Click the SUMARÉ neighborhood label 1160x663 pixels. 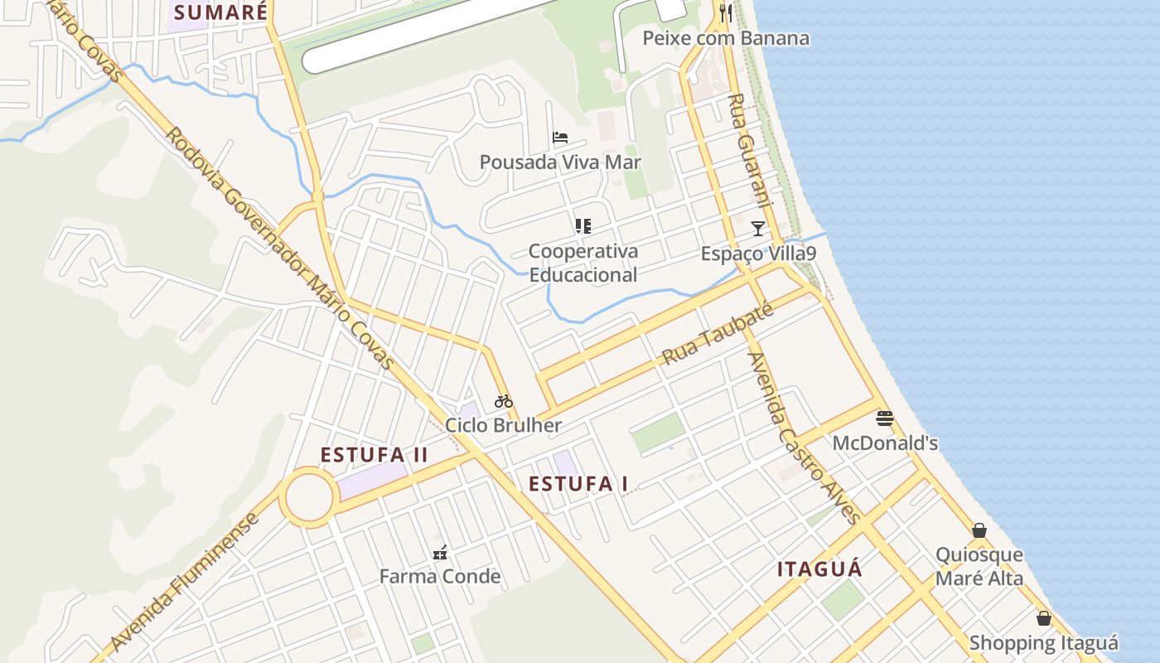[x=221, y=12]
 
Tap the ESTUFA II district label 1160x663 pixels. [x=374, y=455]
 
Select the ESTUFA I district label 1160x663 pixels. [x=578, y=483]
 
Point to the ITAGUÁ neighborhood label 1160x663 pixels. [x=819, y=569]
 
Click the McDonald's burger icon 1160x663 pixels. [x=885, y=419]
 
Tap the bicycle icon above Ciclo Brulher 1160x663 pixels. [x=504, y=401]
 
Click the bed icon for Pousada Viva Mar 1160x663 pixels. [x=560, y=138]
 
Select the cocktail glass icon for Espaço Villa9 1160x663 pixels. [x=758, y=228]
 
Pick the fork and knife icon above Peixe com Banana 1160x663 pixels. [x=726, y=12]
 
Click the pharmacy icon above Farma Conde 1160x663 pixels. [x=440, y=552]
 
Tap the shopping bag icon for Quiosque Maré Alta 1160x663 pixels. [x=979, y=530]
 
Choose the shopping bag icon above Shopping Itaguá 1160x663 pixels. [x=1044, y=618]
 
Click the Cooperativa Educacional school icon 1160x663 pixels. [x=582, y=225]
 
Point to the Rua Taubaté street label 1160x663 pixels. [x=718, y=333]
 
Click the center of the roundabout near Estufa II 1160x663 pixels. [x=310, y=497]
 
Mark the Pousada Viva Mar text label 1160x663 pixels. [x=560, y=162]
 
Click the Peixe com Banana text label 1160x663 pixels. [x=726, y=38]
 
